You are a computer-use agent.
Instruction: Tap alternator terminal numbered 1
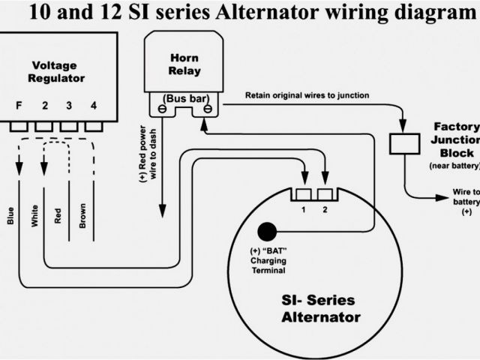(304, 196)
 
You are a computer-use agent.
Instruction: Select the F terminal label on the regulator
(20, 106)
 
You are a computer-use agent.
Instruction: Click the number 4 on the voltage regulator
(93, 106)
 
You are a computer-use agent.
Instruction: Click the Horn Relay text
(184, 63)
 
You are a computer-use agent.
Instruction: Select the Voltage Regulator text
(57, 71)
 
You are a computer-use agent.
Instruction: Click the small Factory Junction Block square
(404, 142)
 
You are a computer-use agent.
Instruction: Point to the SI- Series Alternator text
(319, 307)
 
